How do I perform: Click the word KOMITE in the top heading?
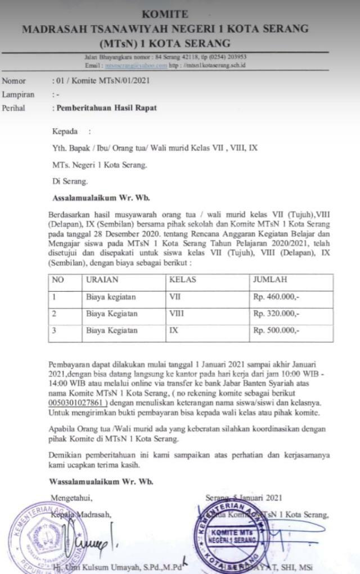click(x=165, y=14)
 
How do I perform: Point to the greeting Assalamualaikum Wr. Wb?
click(x=101, y=198)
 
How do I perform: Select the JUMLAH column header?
click(x=270, y=279)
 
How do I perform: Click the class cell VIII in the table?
click(x=176, y=314)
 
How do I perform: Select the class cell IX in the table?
click(x=173, y=331)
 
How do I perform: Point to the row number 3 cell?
click(x=54, y=331)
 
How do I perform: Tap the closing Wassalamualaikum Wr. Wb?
click(x=101, y=482)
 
